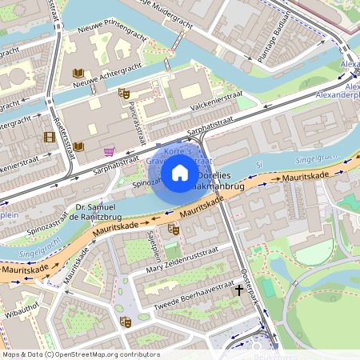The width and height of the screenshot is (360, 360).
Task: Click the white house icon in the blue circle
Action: coord(180,172)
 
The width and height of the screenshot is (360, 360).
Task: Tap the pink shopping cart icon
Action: coord(109,151)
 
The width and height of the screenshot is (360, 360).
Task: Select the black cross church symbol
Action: coord(238,289)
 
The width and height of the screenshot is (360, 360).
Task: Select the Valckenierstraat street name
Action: coord(217,102)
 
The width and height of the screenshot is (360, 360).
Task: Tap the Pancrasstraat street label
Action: coord(138,118)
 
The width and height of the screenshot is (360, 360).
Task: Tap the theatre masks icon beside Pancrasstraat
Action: coord(125,94)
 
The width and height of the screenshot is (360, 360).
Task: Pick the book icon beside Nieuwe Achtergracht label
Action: coord(78,73)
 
